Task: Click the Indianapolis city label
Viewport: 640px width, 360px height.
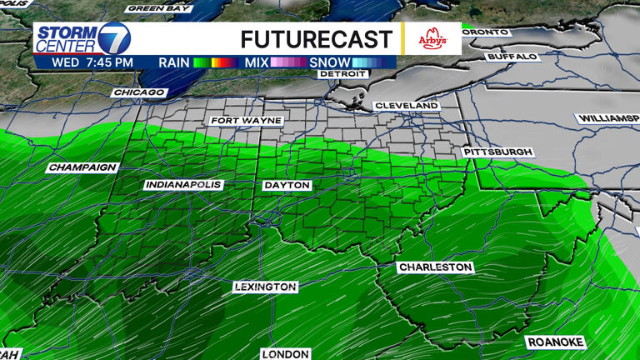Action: [183, 184]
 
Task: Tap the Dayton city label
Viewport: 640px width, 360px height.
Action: [286, 185]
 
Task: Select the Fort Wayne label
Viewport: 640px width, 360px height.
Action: [247, 121]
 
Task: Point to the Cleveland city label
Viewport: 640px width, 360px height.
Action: [407, 106]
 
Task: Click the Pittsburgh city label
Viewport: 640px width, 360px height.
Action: [498, 152]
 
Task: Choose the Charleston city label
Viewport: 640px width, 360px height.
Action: [435, 267]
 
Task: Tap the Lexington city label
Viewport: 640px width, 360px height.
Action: [265, 287]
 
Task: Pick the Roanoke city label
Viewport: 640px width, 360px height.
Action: [556, 342]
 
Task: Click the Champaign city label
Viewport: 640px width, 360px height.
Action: [82, 167]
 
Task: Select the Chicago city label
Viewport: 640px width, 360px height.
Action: [136, 92]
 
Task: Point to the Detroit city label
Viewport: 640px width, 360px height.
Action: [342, 74]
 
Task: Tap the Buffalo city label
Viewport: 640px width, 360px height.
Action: [512, 57]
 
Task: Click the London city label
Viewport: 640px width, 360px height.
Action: [285, 353]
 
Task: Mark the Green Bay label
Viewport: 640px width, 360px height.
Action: [158, 8]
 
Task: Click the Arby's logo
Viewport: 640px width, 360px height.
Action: [432, 39]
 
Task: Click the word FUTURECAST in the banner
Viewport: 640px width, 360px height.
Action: [316, 39]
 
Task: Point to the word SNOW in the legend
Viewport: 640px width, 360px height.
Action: [329, 62]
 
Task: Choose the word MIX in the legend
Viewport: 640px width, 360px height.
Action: [256, 62]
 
